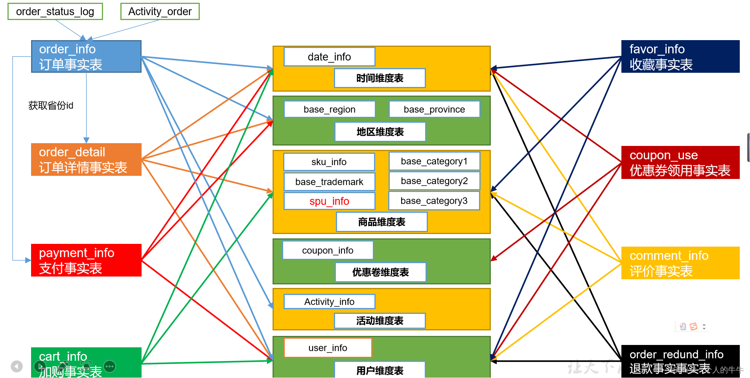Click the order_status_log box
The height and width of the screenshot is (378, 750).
click(x=55, y=11)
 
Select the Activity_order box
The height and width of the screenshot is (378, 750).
click(x=160, y=11)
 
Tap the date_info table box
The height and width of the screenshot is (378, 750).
click(x=329, y=57)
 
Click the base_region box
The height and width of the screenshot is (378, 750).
click(x=329, y=109)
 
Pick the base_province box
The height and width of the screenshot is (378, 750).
click(x=434, y=109)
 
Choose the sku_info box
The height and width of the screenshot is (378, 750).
click(x=329, y=162)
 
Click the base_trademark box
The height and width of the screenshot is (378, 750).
click(x=329, y=182)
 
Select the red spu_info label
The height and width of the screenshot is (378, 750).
click(x=329, y=201)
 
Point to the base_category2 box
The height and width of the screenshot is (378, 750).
click(x=434, y=181)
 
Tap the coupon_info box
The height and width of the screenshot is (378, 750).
click(x=328, y=251)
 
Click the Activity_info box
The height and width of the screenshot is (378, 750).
click(x=329, y=302)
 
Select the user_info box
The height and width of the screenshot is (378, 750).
click(x=328, y=348)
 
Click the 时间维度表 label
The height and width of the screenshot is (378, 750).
click(x=380, y=78)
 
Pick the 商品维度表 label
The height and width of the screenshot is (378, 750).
click(x=381, y=222)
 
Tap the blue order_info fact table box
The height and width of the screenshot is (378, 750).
click(x=86, y=57)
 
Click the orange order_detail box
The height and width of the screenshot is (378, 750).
click(x=86, y=160)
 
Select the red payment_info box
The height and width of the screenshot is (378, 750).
click(x=86, y=260)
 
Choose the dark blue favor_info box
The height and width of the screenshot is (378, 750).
click(x=680, y=57)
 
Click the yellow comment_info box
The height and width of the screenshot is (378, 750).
click(x=680, y=263)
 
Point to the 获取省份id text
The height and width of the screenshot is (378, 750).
click(x=51, y=105)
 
